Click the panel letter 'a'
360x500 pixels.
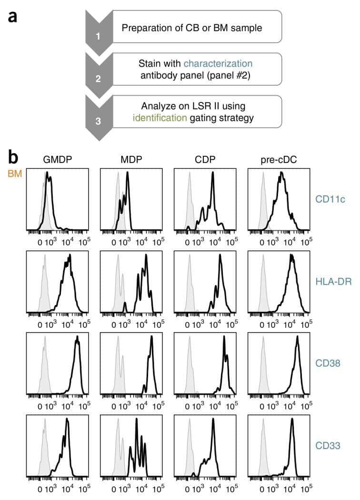[x=12, y=17]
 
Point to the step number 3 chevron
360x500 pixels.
[x=99, y=118]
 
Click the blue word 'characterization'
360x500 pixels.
[x=218, y=63]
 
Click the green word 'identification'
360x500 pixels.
[x=160, y=118]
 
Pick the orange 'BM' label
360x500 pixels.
[x=15, y=174]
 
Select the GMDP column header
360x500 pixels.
[x=57, y=159]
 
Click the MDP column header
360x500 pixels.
[x=131, y=159]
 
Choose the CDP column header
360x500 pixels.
[x=205, y=159]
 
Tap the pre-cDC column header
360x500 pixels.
[x=279, y=160]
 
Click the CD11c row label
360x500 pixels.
[x=330, y=199]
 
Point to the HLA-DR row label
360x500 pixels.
[x=333, y=281]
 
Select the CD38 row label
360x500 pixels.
[x=328, y=363]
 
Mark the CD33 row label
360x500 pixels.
[x=328, y=445]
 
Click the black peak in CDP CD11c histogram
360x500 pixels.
[x=212, y=174]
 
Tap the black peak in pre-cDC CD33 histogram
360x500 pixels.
[x=292, y=419]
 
